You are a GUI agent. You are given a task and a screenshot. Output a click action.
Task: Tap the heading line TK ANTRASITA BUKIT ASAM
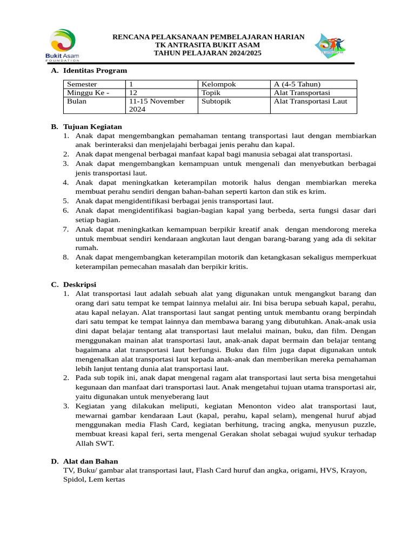click(x=208, y=45)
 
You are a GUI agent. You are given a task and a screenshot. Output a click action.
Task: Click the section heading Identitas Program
click(x=95, y=71)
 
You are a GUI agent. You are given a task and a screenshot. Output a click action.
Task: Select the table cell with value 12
click(x=133, y=93)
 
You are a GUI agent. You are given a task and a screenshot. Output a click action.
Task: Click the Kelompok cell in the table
click(x=218, y=84)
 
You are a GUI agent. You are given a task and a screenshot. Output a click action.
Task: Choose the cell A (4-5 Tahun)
click(x=297, y=84)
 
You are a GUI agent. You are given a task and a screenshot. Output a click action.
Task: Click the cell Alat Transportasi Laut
click(x=311, y=102)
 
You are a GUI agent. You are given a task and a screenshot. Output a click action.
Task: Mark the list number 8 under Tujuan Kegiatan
click(x=65, y=257)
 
